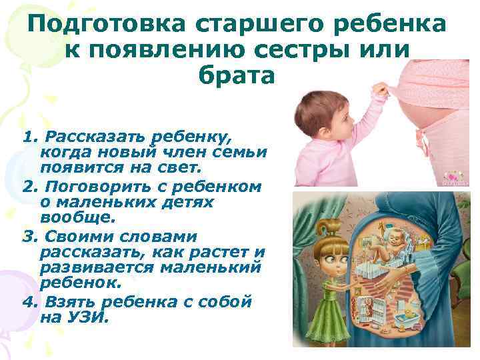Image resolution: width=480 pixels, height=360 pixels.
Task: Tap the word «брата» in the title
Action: [236, 75]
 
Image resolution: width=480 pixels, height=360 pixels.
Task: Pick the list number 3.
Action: [27, 237]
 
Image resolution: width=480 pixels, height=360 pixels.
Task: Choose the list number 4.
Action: [27, 301]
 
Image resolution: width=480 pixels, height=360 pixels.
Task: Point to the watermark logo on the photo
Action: [455, 177]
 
